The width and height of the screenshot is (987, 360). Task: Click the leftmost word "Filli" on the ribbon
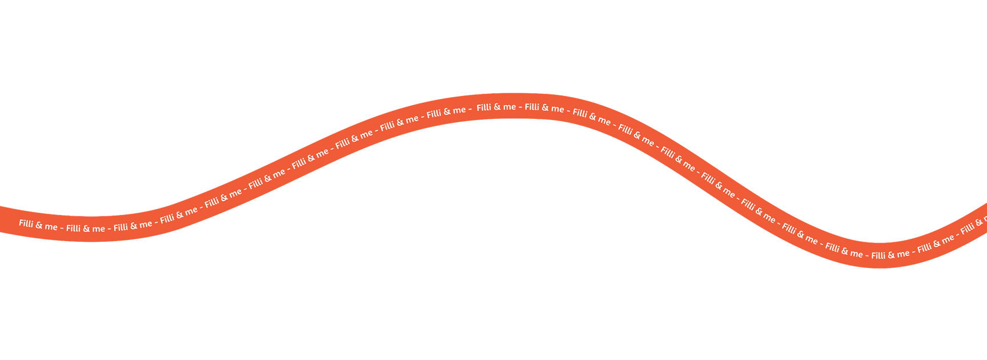[26, 223]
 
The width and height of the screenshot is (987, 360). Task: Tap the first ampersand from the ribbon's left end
[39, 225]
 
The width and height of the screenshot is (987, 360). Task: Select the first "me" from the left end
[51, 227]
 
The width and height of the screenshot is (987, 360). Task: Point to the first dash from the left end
[62, 228]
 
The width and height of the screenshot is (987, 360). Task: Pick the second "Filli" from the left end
[73, 228]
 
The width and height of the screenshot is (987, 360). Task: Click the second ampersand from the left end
[86, 229]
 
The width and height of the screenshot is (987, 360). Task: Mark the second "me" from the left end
[99, 229]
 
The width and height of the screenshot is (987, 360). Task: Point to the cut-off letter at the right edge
[985, 220]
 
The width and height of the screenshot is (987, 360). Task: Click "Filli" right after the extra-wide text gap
[484, 107]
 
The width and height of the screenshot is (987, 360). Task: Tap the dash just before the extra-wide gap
[470, 109]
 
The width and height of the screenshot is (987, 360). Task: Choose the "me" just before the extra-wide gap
[459, 110]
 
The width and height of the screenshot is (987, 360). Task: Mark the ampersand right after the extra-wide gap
[497, 107]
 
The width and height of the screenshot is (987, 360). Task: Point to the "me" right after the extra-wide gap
[509, 107]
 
